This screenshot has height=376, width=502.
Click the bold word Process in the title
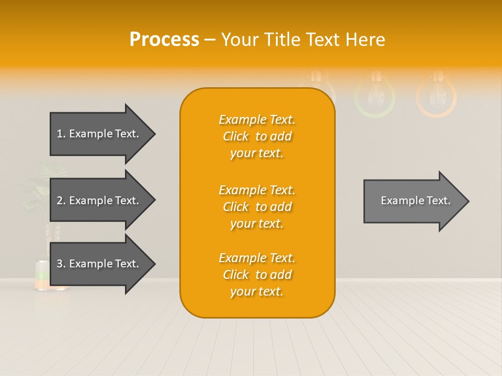pos(164,40)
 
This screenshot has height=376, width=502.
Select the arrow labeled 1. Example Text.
pos(99,134)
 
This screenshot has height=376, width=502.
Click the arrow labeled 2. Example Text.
pos(99,201)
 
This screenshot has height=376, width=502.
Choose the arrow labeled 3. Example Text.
pos(99,264)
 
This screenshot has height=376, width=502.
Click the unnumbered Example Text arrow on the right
pos(413,201)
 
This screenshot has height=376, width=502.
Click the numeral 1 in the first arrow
pos(60,134)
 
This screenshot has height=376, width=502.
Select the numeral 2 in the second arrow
pos(60,201)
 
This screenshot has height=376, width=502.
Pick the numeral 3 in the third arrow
pos(60,264)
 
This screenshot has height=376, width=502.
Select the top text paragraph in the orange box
pos(257,136)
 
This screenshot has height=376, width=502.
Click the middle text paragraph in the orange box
pos(257,207)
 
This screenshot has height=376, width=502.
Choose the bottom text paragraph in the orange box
pos(257,275)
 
